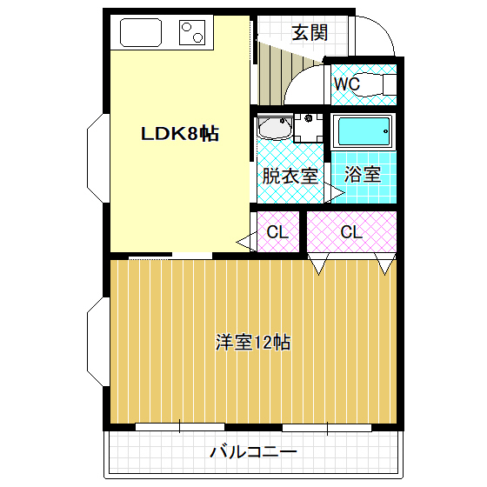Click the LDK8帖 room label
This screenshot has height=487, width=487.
180,134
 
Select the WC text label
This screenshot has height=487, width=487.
347,84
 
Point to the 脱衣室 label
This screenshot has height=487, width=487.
289,174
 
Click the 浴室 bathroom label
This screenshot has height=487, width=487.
362,173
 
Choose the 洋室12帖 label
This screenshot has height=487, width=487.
253,342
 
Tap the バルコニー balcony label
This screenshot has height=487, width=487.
254,453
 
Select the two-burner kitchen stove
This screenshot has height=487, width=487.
194,34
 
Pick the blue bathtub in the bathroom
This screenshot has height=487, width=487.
364,133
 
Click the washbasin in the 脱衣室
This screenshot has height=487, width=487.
275,130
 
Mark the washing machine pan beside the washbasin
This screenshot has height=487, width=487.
308,128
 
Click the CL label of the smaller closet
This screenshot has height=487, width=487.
277,232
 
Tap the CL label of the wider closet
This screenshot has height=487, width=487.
351,232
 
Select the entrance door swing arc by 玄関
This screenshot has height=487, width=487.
374,39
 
